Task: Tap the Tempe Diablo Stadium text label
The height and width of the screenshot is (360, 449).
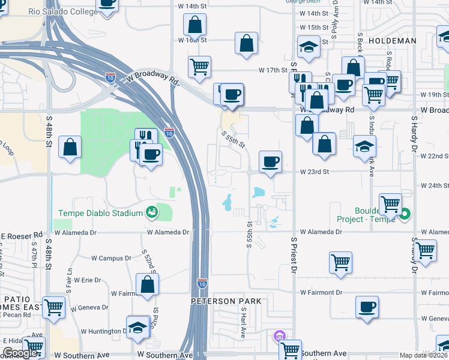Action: coord(100,213)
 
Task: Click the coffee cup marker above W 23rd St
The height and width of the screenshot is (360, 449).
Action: coord(270,161)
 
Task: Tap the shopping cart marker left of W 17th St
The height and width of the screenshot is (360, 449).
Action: coord(199,67)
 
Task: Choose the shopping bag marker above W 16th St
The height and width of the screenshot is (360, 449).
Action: coord(195,26)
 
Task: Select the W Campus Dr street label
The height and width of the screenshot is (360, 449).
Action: coord(111,258)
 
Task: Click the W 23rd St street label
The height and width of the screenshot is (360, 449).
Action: coord(315,172)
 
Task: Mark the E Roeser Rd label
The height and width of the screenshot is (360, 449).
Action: coord(21,235)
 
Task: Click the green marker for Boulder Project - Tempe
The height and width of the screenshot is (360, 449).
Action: coord(406,214)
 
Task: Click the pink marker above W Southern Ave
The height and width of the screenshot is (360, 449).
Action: coord(278,336)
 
